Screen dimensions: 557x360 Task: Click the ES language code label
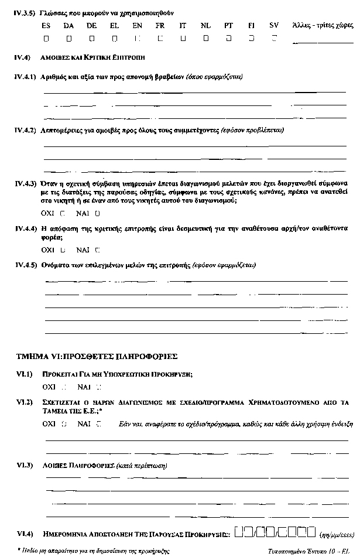pyautogui.click(x=46, y=26)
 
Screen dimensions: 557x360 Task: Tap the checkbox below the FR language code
pyautogui.click(x=160, y=39)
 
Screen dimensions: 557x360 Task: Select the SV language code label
pyautogui.click(x=274, y=26)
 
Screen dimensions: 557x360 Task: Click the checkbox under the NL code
pyautogui.click(x=205, y=39)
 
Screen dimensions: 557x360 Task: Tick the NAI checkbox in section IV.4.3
pyautogui.click(x=97, y=213)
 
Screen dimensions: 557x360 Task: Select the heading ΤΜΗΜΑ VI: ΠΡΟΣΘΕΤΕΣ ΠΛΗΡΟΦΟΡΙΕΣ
pyautogui.click(x=97, y=356)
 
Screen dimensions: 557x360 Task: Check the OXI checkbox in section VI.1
pyautogui.click(x=63, y=387)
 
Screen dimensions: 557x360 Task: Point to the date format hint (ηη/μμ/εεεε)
pyautogui.click(x=334, y=534)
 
